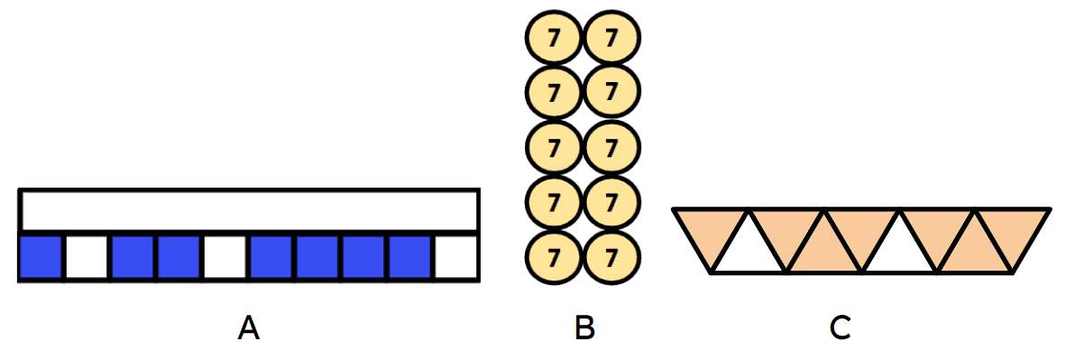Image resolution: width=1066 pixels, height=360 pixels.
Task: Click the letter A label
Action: click(249, 329)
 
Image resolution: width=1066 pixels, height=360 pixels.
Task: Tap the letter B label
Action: click(584, 329)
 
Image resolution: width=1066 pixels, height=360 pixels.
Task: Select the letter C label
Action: click(841, 329)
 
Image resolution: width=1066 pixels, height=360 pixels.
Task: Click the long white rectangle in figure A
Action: click(249, 210)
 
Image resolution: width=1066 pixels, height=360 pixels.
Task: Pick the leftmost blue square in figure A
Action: click(41, 257)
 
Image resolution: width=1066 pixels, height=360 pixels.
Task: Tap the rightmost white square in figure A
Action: click(455, 257)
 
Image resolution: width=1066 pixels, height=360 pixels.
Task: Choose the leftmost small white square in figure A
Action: click(87, 257)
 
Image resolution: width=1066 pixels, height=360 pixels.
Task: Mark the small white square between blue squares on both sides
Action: click(225, 257)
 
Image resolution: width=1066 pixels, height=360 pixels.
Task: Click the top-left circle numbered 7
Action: click(553, 39)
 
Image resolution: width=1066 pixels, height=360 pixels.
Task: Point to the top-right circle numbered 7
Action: click(612, 39)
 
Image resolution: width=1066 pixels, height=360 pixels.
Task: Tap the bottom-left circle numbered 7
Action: click(553, 256)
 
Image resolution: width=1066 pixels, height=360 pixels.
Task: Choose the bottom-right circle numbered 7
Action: click(612, 256)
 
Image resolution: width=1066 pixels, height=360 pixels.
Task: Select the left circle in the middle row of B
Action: click(553, 147)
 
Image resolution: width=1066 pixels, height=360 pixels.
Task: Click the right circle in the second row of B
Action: click(612, 91)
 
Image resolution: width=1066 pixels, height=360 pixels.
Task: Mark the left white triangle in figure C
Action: click(749, 252)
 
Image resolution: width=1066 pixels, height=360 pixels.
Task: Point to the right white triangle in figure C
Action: click(900, 252)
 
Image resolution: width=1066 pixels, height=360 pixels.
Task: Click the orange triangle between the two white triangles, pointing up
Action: click(824, 252)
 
